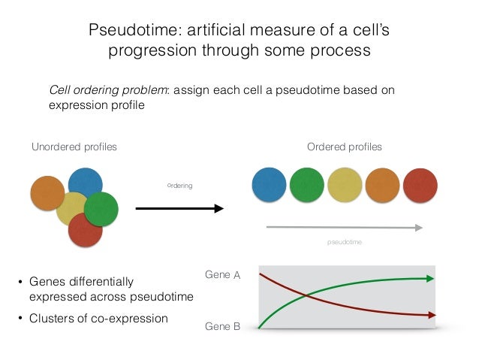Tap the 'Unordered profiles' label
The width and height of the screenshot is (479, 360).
pos(74,147)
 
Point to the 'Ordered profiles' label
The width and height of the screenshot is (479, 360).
pos(345,147)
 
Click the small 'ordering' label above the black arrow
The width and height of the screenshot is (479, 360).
pos(179,185)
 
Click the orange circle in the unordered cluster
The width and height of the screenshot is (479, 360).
pos(47,193)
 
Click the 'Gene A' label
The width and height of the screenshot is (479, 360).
pos(222,276)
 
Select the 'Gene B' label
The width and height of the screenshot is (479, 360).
pos(222,327)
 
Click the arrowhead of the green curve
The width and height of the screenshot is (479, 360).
pos(429,278)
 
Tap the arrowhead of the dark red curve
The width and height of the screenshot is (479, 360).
pos(429,314)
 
